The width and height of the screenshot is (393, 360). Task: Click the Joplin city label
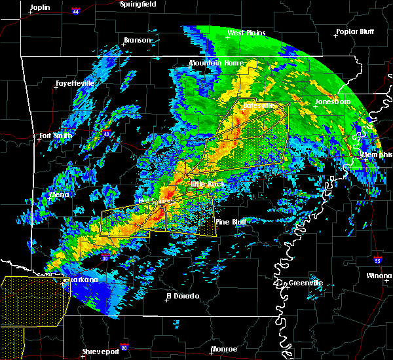tap(40, 7)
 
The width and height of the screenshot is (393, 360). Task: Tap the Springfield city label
tap(138, 4)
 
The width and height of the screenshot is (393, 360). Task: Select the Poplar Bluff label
tap(354, 31)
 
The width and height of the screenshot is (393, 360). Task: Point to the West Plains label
tap(245, 33)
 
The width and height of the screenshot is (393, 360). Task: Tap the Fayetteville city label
tap(74, 84)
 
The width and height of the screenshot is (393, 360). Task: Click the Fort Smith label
tap(54, 136)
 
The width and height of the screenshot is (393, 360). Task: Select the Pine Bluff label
tap(231, 223)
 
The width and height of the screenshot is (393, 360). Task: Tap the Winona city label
tap(379, 276)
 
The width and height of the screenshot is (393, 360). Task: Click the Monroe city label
tap(224, 350)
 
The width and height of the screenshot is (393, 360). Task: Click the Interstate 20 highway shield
tap(124, 347)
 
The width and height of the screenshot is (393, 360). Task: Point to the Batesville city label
tap(255, 105)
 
